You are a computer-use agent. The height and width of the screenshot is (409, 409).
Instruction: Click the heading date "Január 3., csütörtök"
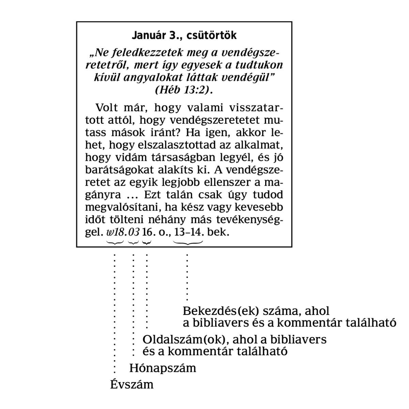point(184,35)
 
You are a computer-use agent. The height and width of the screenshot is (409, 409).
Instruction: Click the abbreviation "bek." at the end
point(218,232)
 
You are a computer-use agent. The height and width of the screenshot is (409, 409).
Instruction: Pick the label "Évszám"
point(132,385)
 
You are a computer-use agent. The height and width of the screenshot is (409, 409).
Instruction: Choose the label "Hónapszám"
point(163,368)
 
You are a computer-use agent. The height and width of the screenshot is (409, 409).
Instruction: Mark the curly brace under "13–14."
point(188,242)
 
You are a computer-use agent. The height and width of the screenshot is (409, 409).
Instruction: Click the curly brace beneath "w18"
point(115,242)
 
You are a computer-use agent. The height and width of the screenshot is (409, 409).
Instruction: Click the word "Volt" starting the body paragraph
point(107,108)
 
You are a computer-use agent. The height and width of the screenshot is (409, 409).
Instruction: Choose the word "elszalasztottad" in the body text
point(167,146)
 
